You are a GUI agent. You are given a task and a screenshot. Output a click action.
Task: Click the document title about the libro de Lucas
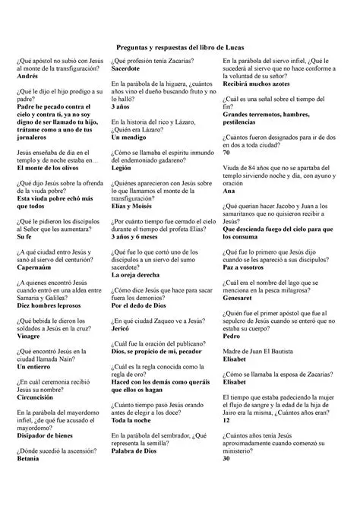click(x=180, y=47)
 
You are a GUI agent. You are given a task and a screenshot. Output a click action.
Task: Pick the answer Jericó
click(x=122, y=333)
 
